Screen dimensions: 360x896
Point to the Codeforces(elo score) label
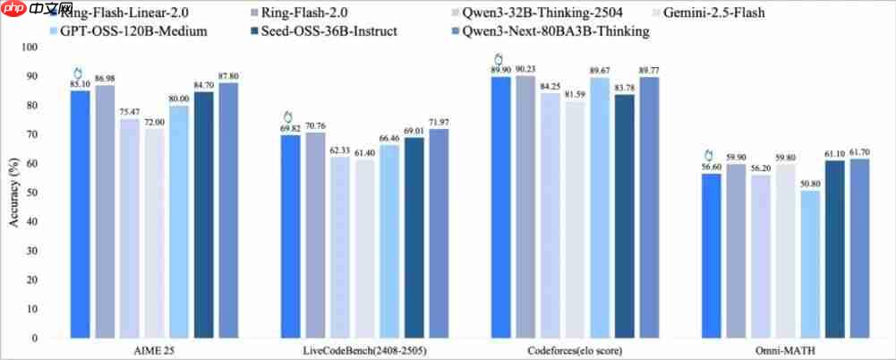click(576, 350)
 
